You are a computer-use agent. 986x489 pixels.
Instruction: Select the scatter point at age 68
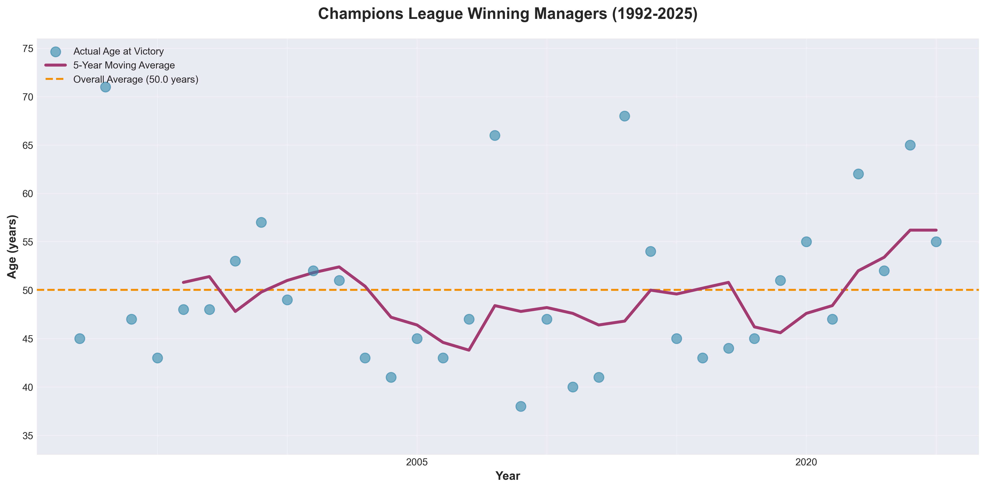[624, 116]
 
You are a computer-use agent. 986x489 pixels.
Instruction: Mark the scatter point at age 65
[910, 145]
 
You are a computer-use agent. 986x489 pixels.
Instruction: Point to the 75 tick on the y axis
[28, 49]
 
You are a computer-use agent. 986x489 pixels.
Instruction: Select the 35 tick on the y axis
[28, 436]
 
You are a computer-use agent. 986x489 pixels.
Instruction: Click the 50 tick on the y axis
[28, 290]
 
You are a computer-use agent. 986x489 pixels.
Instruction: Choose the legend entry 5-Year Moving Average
[124, 65]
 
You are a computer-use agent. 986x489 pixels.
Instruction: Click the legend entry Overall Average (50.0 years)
[135, 80]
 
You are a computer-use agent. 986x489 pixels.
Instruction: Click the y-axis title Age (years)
[12, 247]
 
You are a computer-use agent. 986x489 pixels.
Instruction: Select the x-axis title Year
[508, 476]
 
